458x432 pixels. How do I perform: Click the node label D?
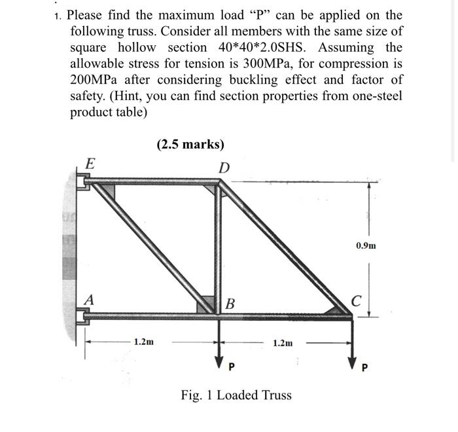pyautogui.click(x=224, y=168)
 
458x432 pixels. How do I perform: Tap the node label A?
pyautogui.click(x=89, y=300)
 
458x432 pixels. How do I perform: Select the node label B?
pyautogui.click(x=230, y=304)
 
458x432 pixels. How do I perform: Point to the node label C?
pyautogui.click(x=355, y=301)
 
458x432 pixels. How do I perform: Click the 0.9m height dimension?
pyautogui.click(x=366, y=246)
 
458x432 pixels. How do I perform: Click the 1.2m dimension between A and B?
pyautogui.click(x=144, y=342)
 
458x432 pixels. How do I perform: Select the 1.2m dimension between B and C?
pyautogui.click(x=283, y=342)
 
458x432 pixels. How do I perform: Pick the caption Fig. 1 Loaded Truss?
pyautogui.click(x=236, y=395)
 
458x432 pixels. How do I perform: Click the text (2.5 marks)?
pyautogui.click(x=190, y=145)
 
